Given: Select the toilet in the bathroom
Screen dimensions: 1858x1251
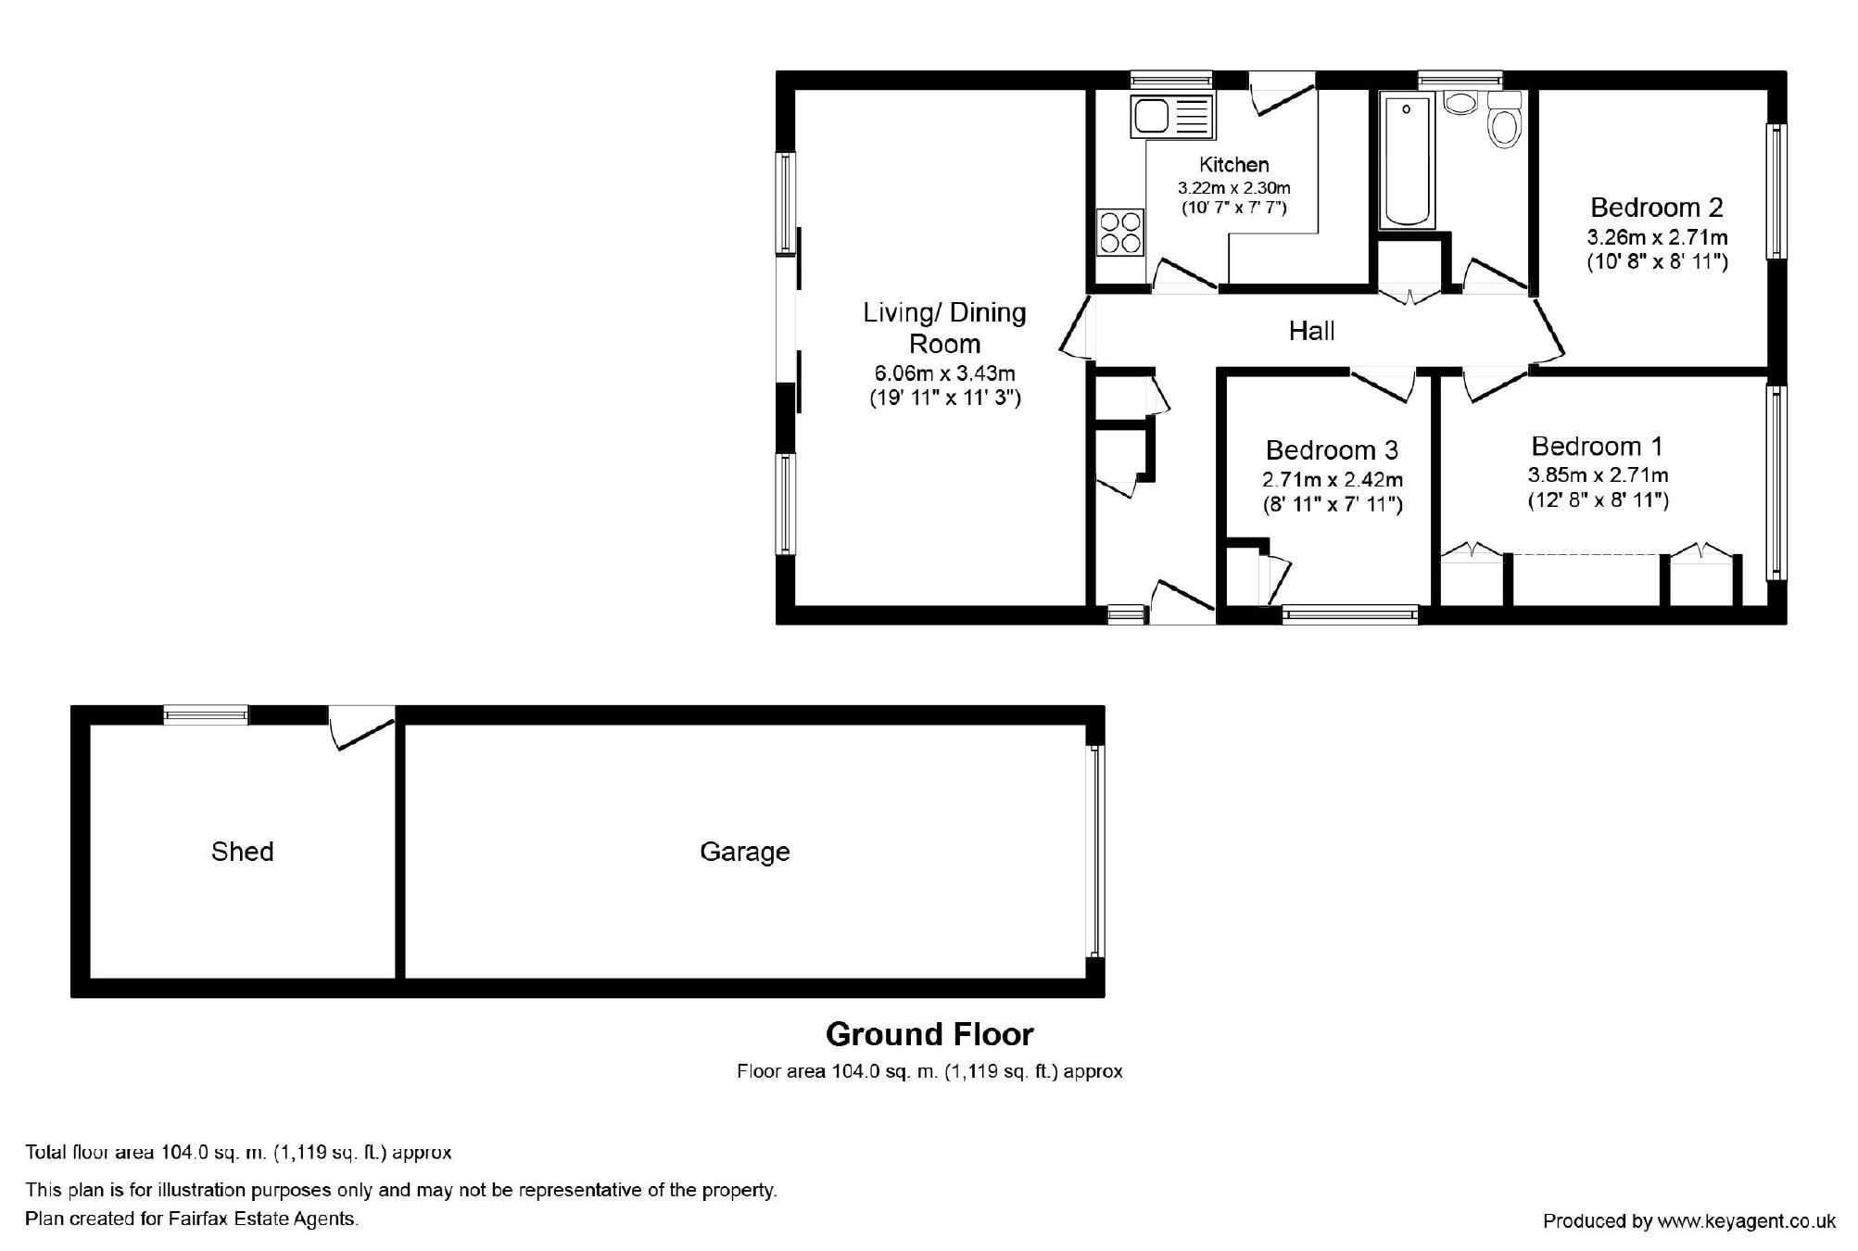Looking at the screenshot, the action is click(1504, 121).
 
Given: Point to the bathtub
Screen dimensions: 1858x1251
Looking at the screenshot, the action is click(1407, 159).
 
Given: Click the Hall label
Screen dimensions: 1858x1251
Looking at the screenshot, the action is click(1311, 331).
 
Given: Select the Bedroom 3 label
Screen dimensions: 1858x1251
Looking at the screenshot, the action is click(1332, 450).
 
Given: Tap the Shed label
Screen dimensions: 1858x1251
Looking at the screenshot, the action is click(242, 852).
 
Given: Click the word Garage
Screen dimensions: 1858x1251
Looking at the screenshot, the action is click(745, 852).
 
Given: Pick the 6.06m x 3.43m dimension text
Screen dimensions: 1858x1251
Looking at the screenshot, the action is click(944, 373).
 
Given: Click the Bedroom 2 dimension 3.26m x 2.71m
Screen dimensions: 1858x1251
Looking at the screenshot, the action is click(1657, 236).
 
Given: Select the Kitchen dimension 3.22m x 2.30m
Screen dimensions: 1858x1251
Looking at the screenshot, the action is click(1233, 188).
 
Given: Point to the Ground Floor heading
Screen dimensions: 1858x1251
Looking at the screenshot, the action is click(929, 1034).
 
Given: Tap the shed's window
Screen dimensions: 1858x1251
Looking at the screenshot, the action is click(206, 714).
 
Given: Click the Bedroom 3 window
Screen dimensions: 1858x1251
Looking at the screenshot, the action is click(1350, 614).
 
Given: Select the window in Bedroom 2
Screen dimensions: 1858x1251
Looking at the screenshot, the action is click(1776, 191).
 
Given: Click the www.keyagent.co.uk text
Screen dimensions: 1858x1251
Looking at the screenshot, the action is click(1747, 1221).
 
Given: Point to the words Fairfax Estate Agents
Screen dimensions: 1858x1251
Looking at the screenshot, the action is click(262, 1219).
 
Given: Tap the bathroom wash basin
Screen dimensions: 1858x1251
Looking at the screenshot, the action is click(1460, 102).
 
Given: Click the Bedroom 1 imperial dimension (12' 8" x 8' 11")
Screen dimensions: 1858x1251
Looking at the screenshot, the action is click(1599, 500).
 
